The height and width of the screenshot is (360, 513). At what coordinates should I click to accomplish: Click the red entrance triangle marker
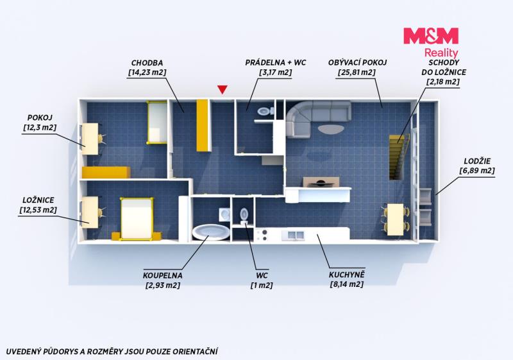223,89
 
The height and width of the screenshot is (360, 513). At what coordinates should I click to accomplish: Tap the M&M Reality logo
431,42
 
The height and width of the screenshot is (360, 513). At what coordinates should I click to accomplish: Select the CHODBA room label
147,63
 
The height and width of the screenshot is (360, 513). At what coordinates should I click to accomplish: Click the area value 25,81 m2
357,73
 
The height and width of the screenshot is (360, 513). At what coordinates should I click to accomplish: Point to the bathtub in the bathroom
211,232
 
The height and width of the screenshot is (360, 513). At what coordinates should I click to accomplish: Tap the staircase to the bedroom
399,157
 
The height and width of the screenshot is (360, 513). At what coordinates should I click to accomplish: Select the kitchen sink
296,235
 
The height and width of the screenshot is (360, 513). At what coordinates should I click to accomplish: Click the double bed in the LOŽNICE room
137,218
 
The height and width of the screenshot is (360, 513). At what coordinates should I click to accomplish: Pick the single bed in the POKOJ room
157,123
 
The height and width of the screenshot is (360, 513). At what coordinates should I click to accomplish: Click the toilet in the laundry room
265,111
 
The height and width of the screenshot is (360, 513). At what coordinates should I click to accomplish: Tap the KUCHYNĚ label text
347,275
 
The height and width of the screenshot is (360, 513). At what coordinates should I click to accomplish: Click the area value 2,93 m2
163,286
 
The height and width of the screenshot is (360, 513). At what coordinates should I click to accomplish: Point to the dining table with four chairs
396,219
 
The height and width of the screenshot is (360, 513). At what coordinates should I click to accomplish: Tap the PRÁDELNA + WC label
276,62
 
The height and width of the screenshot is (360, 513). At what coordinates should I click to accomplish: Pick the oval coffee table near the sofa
331,128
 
